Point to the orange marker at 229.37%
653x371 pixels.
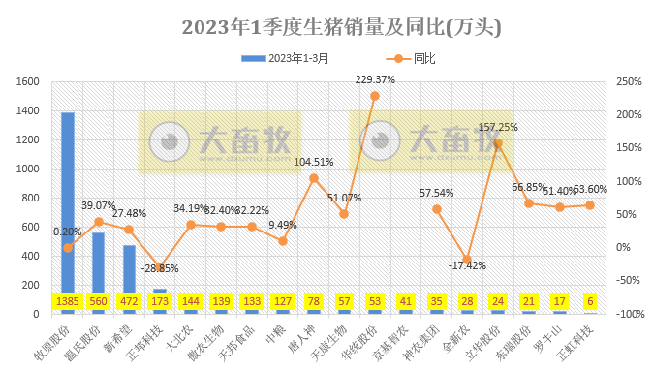(x=375, y=96)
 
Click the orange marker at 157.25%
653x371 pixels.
(x=498, y=143)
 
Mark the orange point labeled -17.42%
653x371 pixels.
(x=467, y=259)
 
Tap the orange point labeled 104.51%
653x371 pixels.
(x=314, y=178)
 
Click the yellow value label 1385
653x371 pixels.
(x=67, y=301)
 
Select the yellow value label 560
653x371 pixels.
(x=98, y=301)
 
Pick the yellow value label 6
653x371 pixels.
(x=590, y=301)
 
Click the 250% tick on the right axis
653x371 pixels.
(x=629, y=81)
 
